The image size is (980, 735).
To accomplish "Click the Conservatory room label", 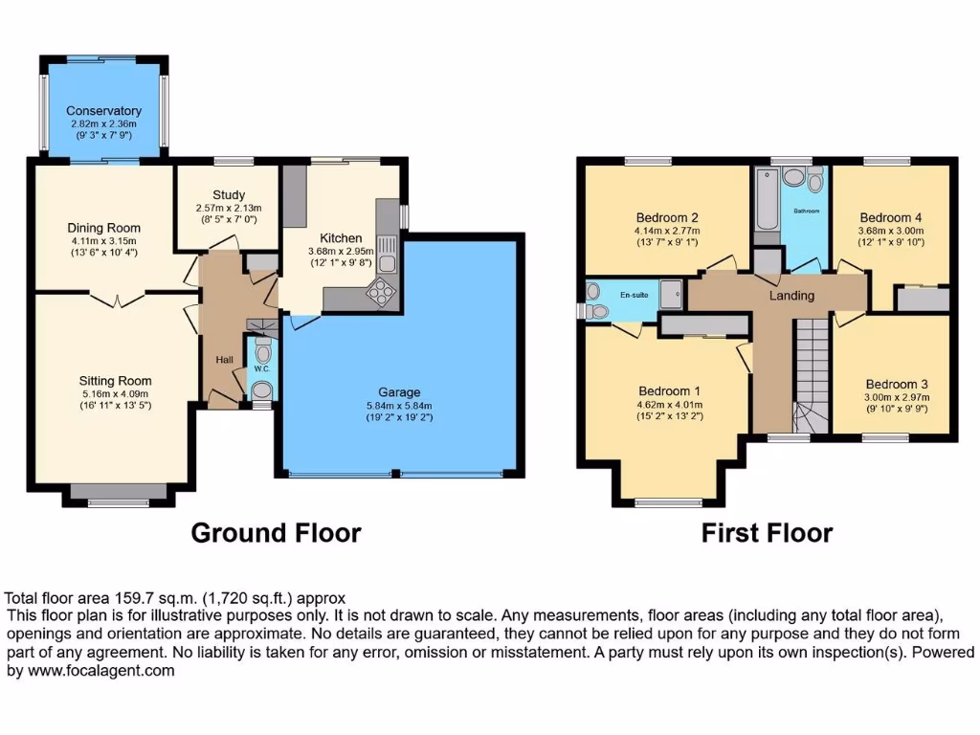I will [103, 111].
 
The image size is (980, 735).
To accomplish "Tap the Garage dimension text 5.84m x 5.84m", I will [399, 406].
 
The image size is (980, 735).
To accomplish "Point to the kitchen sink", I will [389, 262].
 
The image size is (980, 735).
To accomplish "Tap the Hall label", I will [224, 359].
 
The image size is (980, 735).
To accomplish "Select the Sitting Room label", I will [116, 381].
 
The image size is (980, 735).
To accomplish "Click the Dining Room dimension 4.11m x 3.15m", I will [103, 241].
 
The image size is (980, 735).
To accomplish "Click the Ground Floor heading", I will [276, 533].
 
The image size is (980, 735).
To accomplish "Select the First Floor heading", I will [767, 533].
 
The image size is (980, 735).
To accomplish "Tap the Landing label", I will [791, 296].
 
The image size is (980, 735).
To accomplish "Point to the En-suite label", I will [633, 295].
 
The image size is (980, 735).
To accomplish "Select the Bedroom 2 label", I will [667, 216].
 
